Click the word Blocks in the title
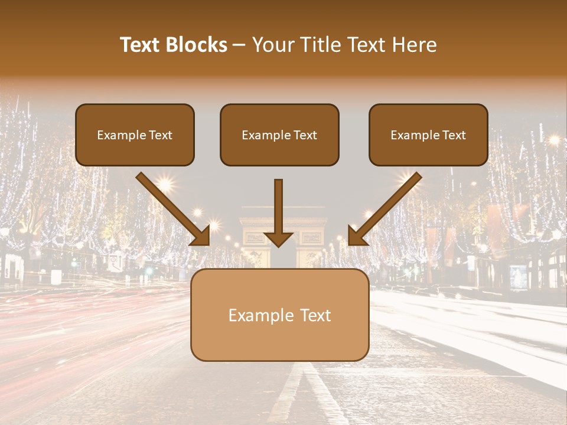click(x=197, y=45)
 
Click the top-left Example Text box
click(x=135, y=135)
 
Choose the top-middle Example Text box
click(x=279, y=135)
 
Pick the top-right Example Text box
click(x=428, y=135)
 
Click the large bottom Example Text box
click(x=279, y=315)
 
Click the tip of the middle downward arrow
click(x=278, y=245)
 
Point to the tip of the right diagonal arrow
click(x=350, y=244)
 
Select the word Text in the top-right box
click(x=454, y=135)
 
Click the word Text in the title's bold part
click(x=141, y=45)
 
